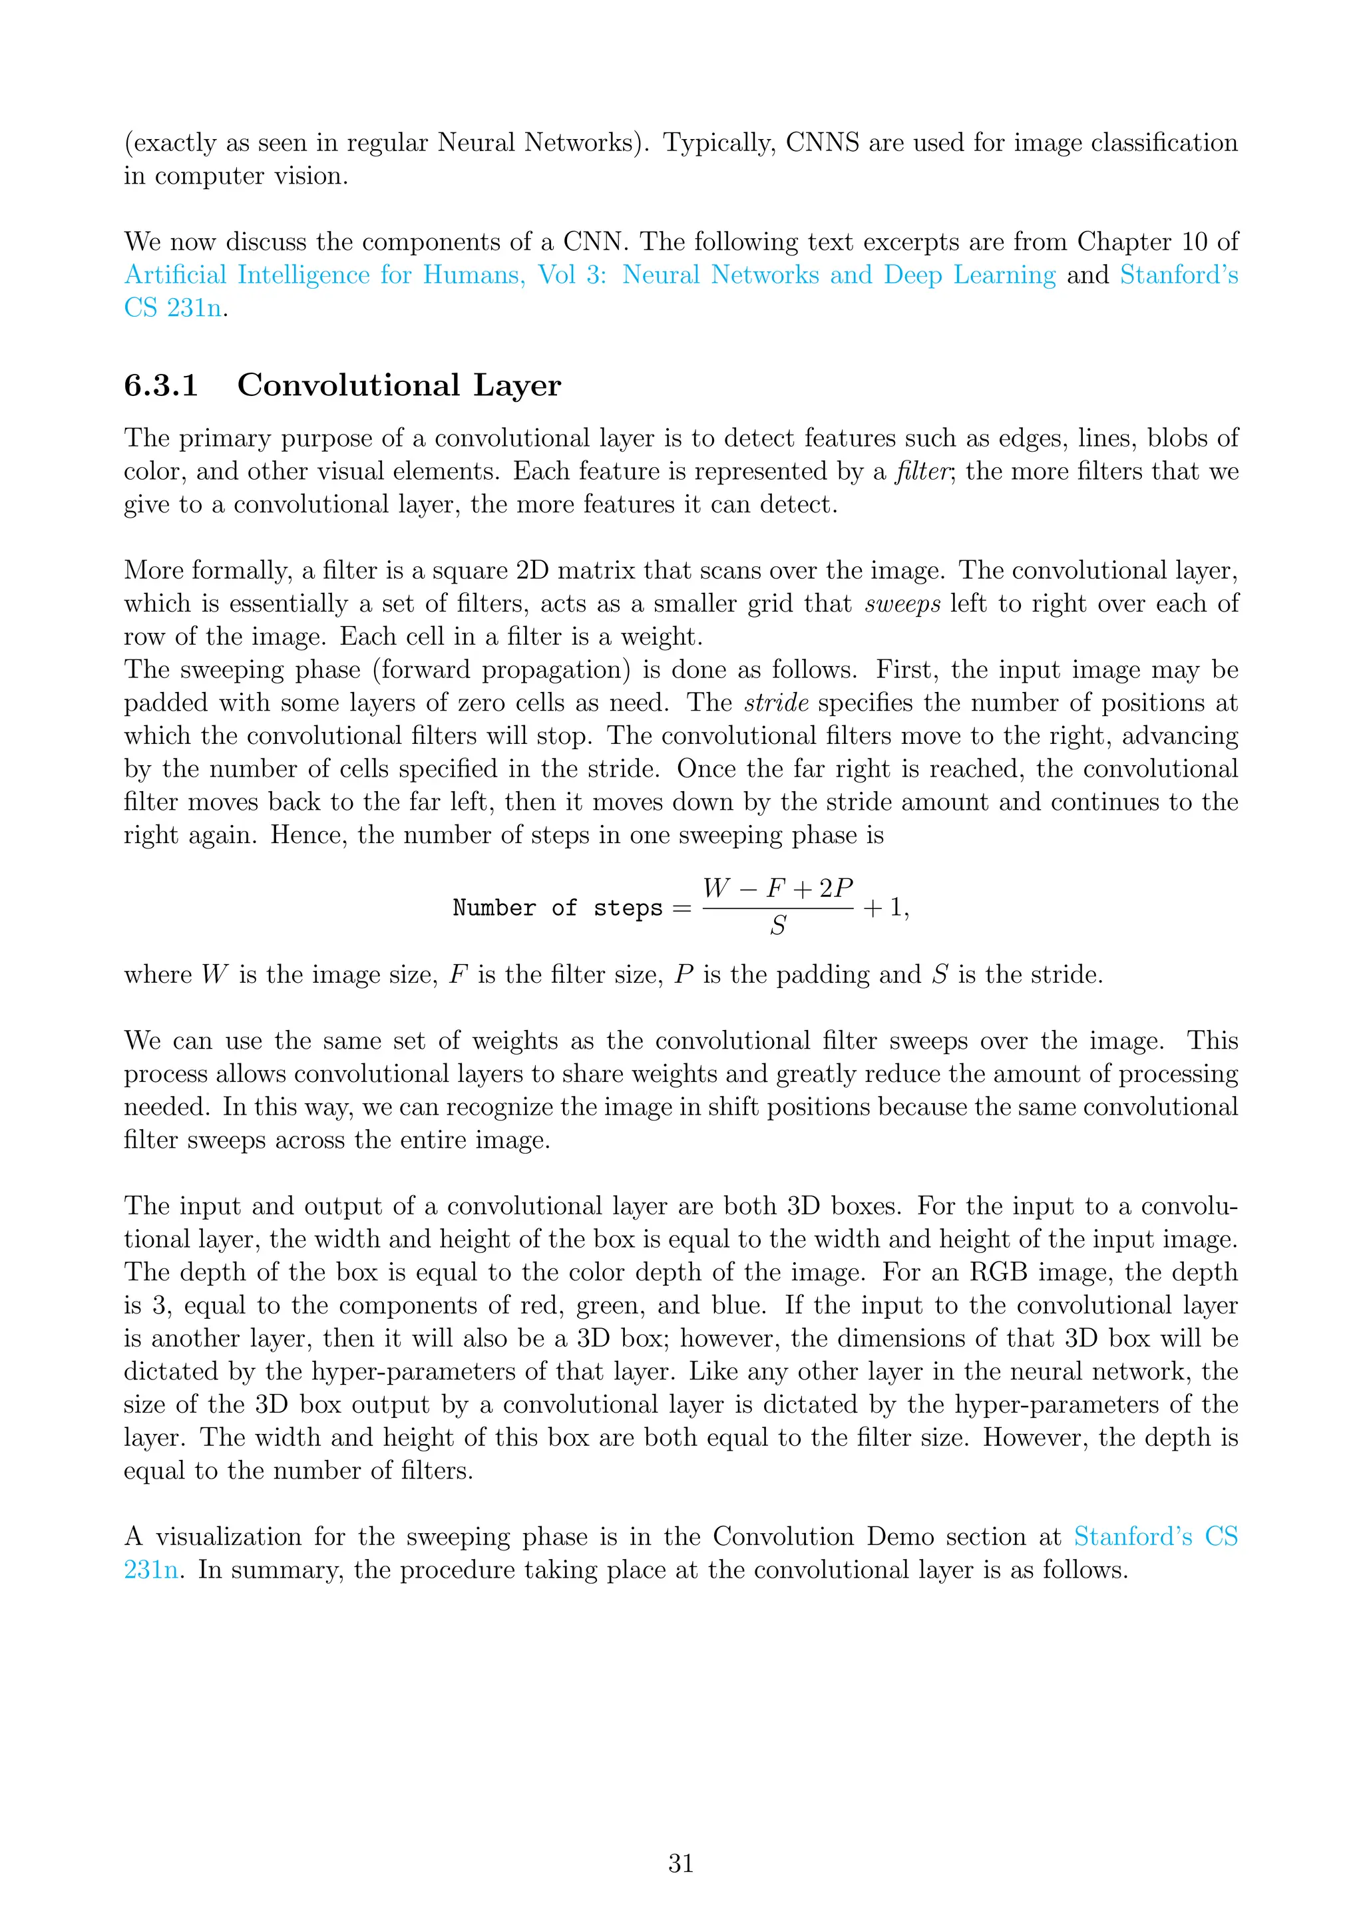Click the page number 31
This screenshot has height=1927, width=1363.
[x=681, y=1863]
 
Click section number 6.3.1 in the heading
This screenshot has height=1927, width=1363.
[x=161, y=385]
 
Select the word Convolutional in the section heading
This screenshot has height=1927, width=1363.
[x=347, y=385]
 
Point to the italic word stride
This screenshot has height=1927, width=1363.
[x=777, y=703]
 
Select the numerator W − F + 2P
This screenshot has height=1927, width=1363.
[x=778, y=888]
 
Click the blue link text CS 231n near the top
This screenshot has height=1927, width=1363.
[x=174, y=308]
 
